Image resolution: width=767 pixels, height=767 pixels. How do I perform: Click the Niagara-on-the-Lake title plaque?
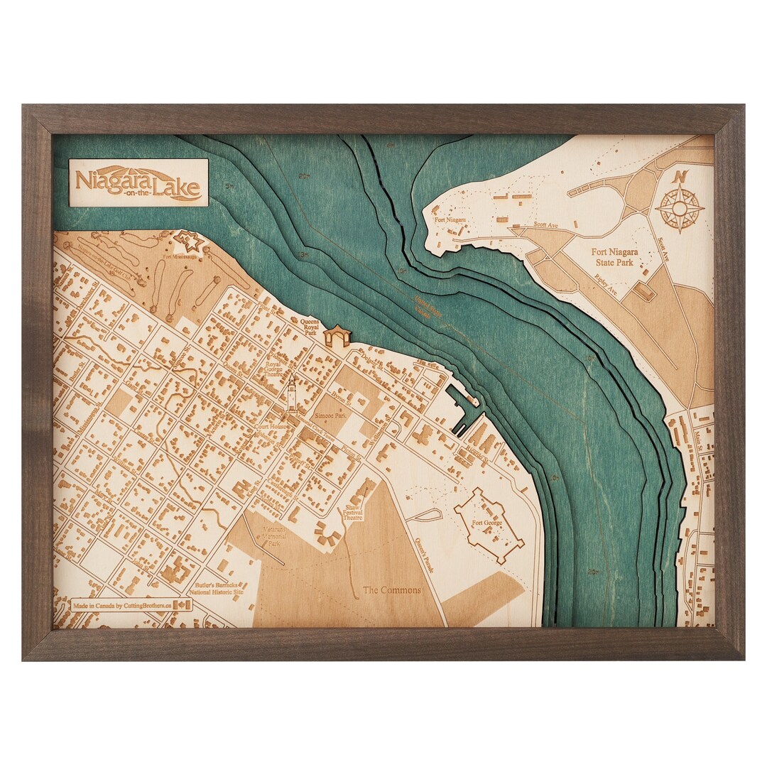(138, 183)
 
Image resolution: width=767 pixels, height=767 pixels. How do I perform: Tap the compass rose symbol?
(680, 208)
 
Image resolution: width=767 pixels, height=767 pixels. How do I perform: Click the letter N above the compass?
(681, 176)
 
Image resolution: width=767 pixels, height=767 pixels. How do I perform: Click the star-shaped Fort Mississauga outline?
(190, 242)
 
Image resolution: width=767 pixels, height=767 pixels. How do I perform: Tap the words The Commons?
(391, 590)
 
